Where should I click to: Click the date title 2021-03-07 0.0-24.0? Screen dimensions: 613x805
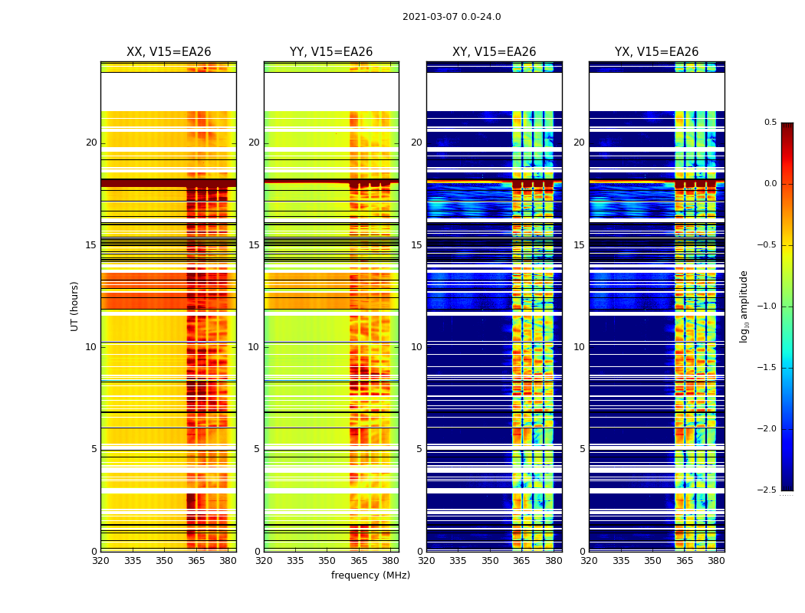pos(452,17)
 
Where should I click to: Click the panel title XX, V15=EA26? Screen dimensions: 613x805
pos(169,52)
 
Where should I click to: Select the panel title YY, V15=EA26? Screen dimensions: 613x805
pos(331,52)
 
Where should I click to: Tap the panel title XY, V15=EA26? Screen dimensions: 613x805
pos(494,52)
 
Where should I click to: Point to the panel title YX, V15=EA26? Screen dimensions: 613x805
pos(656,52)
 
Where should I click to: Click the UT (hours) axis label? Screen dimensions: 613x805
pos(74,306)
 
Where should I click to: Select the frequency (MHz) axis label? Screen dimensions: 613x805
pos(370,575)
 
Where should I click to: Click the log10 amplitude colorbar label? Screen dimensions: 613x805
pos(744,306)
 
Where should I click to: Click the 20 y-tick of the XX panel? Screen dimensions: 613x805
pos(91,143)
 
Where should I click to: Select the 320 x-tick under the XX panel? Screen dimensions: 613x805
pos(100,560)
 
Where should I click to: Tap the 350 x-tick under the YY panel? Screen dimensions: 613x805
pos(327,560)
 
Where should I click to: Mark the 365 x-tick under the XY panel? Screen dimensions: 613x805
pos(521,560)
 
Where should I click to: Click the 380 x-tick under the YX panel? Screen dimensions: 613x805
pos(716,560)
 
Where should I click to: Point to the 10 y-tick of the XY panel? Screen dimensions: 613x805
pos(416,347)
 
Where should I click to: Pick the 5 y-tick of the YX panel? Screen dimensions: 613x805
pos(582,449)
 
